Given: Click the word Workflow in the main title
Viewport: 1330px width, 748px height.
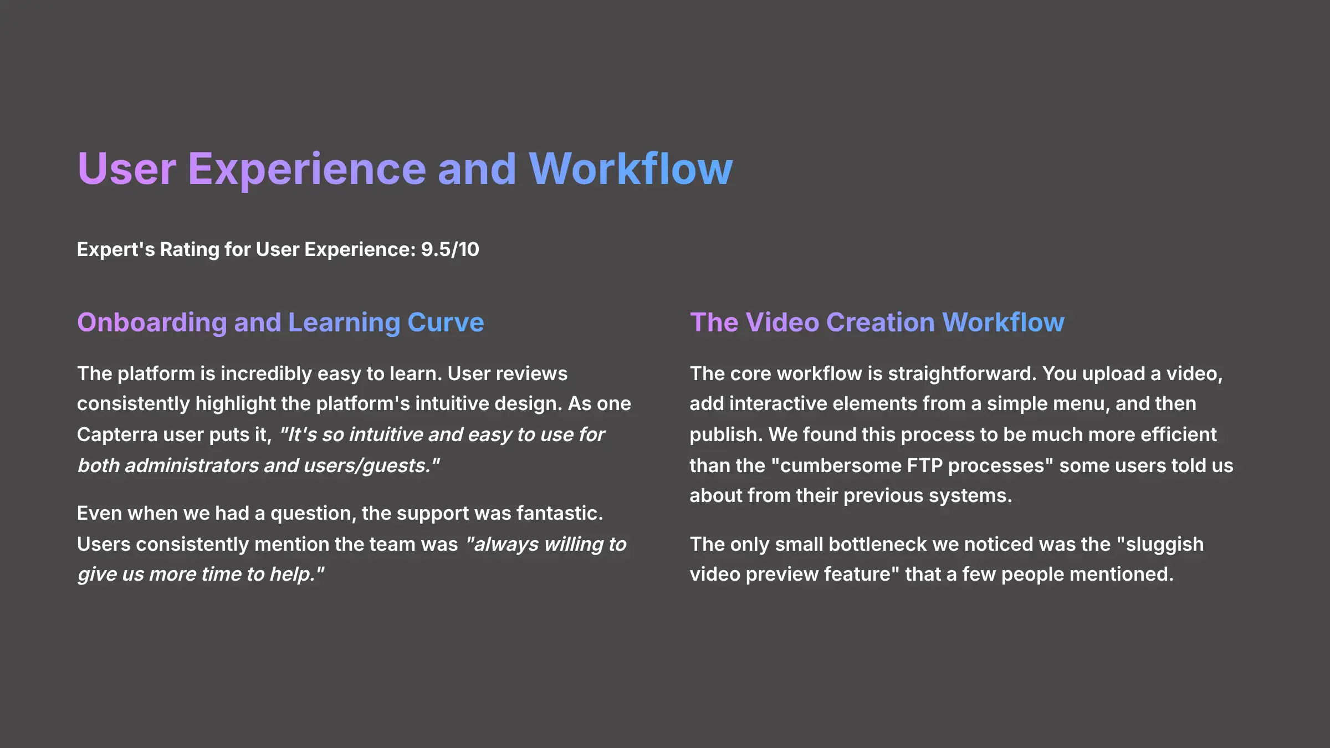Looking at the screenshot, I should [x=631, y=169].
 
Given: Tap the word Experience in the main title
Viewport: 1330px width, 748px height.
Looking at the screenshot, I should [x=306, y=169].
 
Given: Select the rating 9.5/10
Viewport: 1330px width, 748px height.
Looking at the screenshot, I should [x=450, y=249].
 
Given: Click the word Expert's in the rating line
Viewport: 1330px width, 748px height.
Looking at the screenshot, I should [x=116, y=249].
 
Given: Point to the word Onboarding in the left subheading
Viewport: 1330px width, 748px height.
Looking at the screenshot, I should [x=152, y=322].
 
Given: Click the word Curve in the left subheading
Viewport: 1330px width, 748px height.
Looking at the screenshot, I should [x=446, y=322].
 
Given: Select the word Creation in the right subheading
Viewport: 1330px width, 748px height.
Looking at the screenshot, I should [x=881, y=322].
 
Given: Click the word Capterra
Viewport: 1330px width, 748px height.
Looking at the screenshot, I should [x=117, y=435].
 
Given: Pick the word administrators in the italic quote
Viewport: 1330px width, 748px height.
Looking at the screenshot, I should [x=191, y=465].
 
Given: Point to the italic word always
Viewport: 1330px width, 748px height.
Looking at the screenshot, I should [x=505, y=545].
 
